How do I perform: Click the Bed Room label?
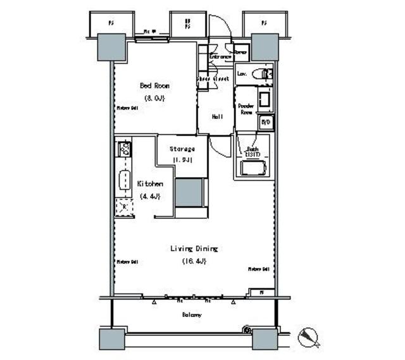tap(154, 86)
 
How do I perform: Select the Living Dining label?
tap(194, 248)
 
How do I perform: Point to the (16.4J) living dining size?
tap(194, 261)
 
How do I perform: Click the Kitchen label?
tap(150, 183)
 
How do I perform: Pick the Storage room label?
tap(182, 149)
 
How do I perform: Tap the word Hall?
tap(216, 116)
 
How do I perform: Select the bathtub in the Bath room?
tap(252, 168)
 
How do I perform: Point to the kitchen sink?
tap(124, 181)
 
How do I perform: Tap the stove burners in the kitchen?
tap(124, 149)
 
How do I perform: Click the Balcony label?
tap(192, 314)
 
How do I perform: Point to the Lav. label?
tap(242, 74)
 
